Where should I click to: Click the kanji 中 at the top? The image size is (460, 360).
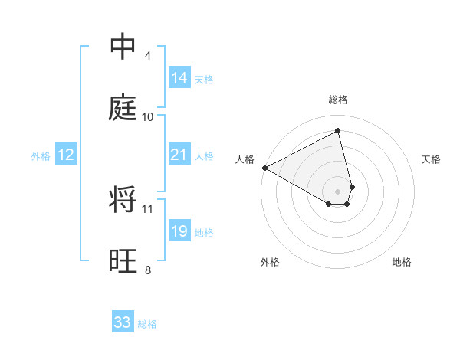click(123, 47)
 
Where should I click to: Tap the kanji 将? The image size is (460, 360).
click(123, 200)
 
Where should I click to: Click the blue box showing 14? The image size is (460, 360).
click(179, 78)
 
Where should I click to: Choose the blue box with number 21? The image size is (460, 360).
click(179, 155)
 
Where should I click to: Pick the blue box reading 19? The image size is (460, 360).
click(179, 231)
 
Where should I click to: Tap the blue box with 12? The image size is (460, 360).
click(66, 155)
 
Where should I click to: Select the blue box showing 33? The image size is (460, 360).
click(123, 322)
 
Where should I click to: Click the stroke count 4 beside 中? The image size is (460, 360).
click(148, 56)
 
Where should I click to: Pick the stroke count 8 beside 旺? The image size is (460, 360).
click(148, 270)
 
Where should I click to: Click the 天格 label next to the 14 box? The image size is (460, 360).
click(204, 80)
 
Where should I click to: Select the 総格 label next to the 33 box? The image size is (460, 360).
click(147, 324)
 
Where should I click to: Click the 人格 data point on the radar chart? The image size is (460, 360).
click(264, 168)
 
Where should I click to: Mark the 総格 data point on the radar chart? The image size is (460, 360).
click(337, 130)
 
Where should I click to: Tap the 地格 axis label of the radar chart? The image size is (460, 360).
click(402, 262)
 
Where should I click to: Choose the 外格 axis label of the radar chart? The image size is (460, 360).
click(270, 262)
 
